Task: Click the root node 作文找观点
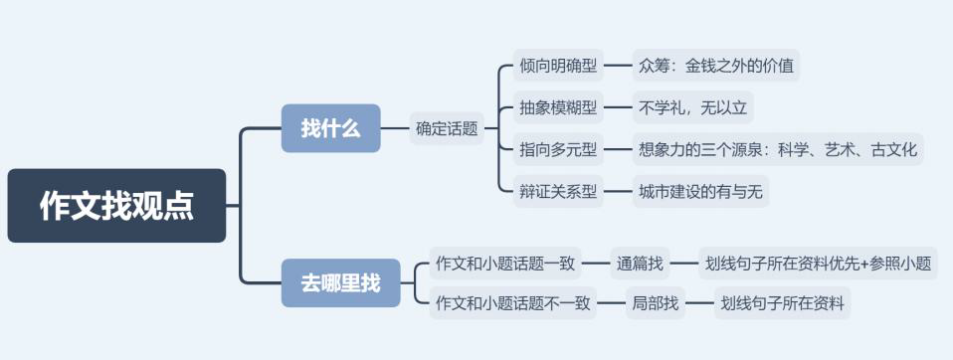116,206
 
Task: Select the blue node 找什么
330,128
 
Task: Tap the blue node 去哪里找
340,282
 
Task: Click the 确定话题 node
447,128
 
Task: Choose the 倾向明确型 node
559,67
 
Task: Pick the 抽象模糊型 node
559,105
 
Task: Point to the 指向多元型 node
559,150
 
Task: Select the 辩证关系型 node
559,191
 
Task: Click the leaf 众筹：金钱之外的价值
716,67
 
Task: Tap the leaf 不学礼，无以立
693,105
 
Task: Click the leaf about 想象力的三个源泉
778,150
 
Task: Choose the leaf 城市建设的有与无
700,191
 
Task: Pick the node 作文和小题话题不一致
511,303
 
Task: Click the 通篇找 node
639,264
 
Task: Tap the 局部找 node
656,303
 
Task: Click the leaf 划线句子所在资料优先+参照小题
817,264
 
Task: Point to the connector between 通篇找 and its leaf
682,264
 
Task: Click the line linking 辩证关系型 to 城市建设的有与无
618,191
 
